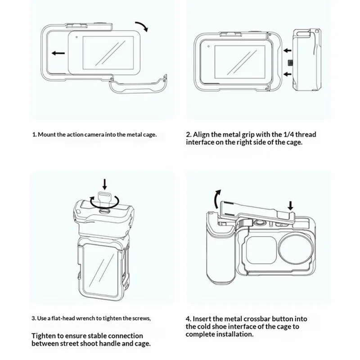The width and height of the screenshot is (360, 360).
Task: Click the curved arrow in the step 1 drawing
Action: (x=143, y=25)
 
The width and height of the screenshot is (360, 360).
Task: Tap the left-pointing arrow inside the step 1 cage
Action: (x=58, y=53)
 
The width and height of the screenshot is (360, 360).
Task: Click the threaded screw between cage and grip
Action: (x=290, y=63)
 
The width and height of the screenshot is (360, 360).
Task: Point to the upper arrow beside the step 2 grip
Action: (x=288, y=50)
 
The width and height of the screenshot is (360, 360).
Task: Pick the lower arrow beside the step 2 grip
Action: (x=288, y=74)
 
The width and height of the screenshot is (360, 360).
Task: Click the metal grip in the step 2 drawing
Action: (x=307, y=60)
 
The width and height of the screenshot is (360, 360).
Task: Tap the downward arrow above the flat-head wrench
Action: (x=104, y=184)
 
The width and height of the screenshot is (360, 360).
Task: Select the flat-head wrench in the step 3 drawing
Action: (x=104, y=200)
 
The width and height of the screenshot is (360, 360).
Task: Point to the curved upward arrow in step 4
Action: (x=217, y=198)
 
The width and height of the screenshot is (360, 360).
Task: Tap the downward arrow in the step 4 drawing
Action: (x=290, y=206)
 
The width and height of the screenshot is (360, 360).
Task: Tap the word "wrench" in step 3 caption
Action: (x=85, y=318)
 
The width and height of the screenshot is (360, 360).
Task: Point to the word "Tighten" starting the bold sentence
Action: (x=44, y=336)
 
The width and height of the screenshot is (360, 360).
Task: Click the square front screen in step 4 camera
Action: (x=262, y=250)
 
